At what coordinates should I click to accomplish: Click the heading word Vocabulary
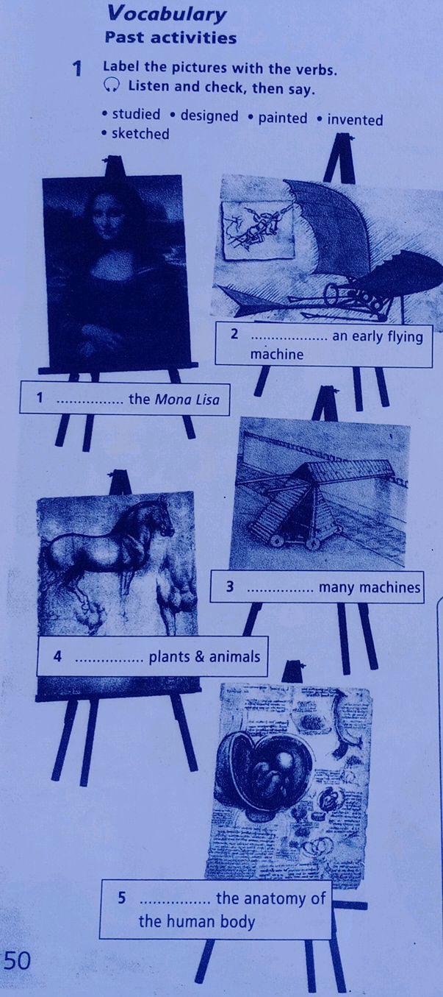click(166, 14)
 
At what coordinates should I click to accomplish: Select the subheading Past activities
click(170, 38)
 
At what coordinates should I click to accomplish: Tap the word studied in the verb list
click(135, 116)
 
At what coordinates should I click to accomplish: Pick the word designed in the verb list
click(209, 116)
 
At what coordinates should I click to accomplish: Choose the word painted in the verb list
click(283, 118)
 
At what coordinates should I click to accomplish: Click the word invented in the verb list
click(355, 119)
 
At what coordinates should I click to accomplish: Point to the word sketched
click(140, 134)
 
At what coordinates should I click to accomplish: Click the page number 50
click(17, 960)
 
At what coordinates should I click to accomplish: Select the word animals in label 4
click(236, 656)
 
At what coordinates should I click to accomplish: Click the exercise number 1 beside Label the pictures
click(76, 70)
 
